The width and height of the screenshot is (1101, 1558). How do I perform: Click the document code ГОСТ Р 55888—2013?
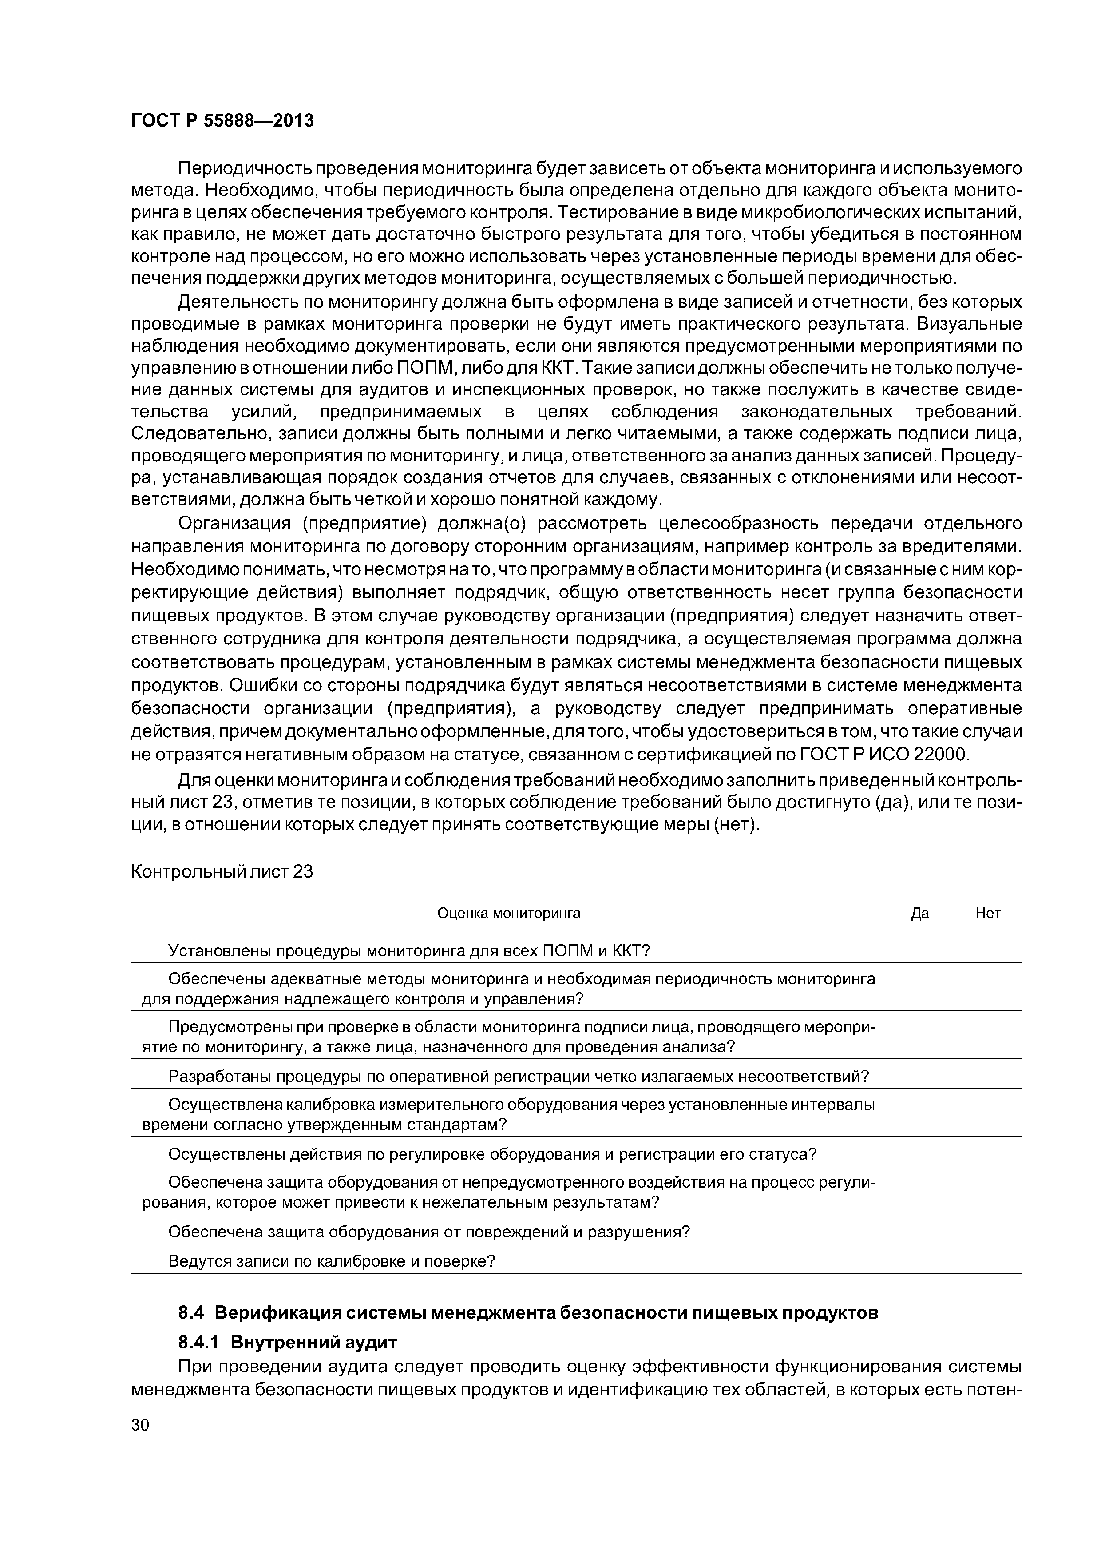coord(222,121)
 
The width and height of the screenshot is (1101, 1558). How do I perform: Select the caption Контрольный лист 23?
coord(222,871)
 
